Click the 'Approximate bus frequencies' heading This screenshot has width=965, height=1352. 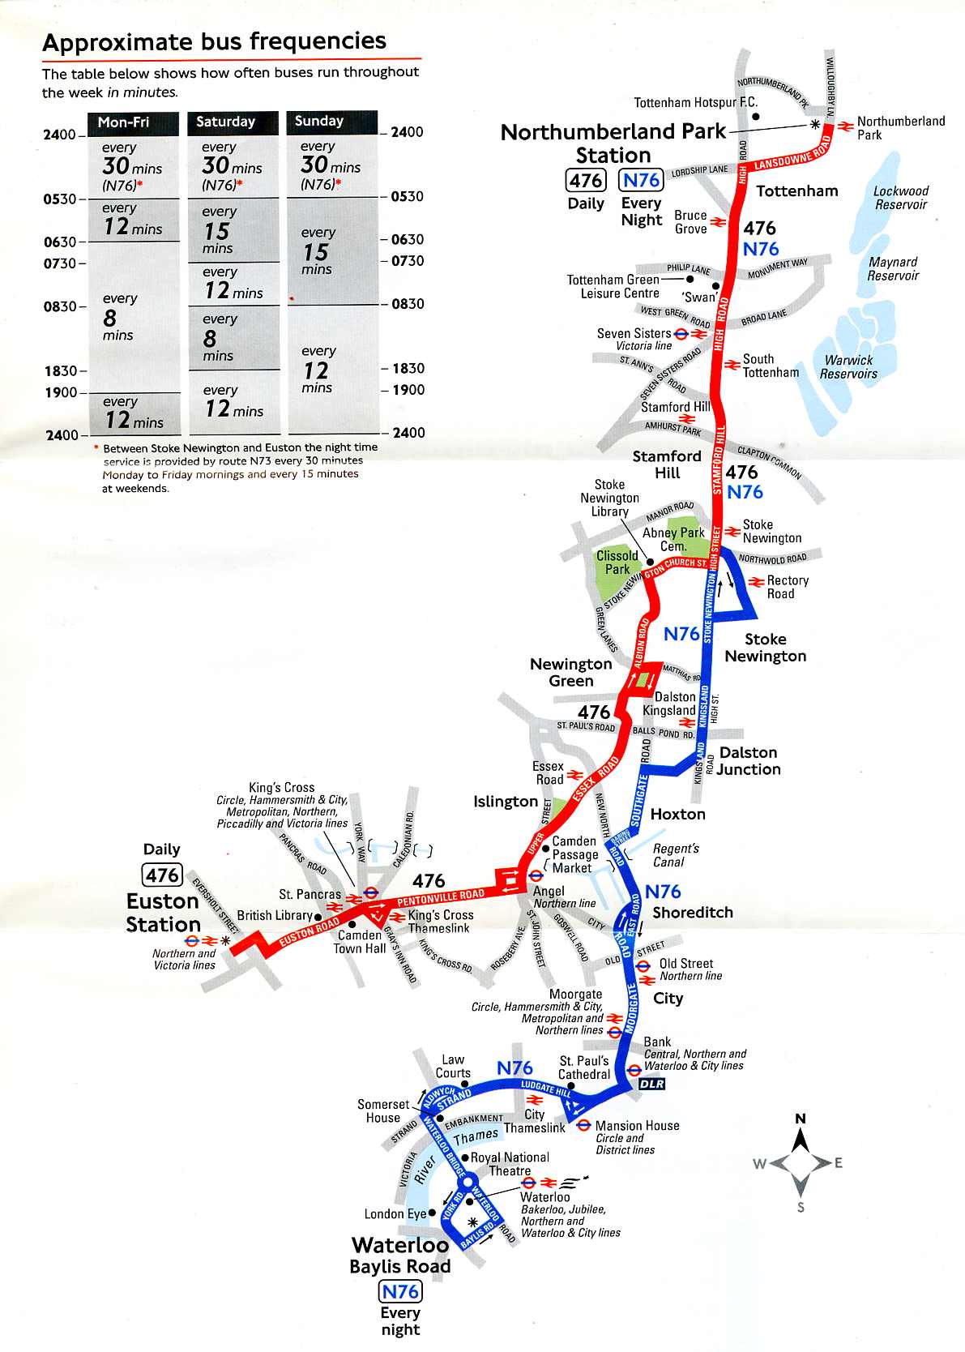click(214, 41)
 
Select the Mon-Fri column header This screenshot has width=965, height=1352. click(123, 122)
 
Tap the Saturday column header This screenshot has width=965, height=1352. click(225, 122)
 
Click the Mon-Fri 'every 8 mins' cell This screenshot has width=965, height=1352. click(118, 317)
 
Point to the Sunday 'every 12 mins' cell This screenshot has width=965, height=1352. click(318, 370)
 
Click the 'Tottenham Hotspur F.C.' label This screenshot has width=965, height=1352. click(695, 102)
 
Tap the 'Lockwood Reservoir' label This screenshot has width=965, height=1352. click(900, 198)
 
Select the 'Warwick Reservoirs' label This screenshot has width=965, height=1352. click(848, 367)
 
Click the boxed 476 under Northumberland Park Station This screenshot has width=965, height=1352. click(586, 180)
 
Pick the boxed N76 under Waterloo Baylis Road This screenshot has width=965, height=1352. click(400, 1291)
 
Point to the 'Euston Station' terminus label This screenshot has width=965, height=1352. click(163, 913)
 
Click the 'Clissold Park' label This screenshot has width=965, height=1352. click(617, 563)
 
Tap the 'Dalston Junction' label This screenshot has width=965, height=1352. click(749, 761)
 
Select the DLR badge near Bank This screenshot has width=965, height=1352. click(651, 1084)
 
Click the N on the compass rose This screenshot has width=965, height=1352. click(801, 1119)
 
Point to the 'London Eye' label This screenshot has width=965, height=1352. click(395, 1213)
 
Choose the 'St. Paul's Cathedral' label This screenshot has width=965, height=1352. click(584, 1067)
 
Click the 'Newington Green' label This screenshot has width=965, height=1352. click(571, 672)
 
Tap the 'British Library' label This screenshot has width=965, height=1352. click(275, 915)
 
